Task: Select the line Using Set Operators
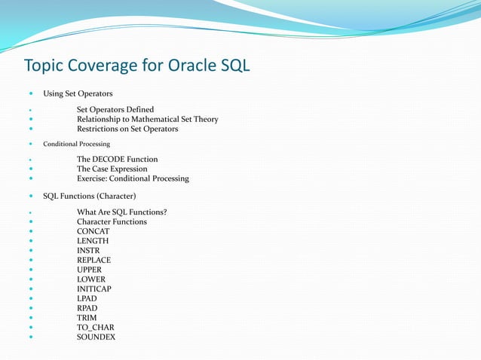78,93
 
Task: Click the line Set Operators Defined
115,110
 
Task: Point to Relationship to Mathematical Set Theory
147,119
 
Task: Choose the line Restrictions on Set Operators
127,129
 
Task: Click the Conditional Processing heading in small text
76,144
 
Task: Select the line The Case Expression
112,169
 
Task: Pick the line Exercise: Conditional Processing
133,178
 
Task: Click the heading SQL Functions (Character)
89,197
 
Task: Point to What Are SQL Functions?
121,212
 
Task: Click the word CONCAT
93,231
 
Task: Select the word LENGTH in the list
93,241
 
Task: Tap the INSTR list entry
89,251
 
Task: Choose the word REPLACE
93,261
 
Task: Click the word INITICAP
94,289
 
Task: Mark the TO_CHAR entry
95,328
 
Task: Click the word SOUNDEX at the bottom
96,337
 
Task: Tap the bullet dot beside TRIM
30,318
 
